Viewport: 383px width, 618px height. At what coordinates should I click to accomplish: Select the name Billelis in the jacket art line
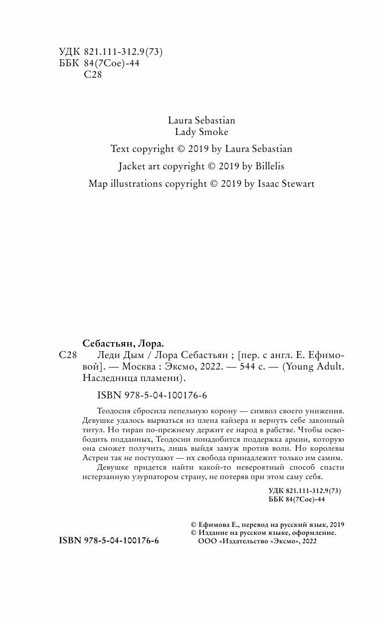click(266, 166)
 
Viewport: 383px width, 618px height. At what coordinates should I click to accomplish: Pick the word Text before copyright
click(120, 148)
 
